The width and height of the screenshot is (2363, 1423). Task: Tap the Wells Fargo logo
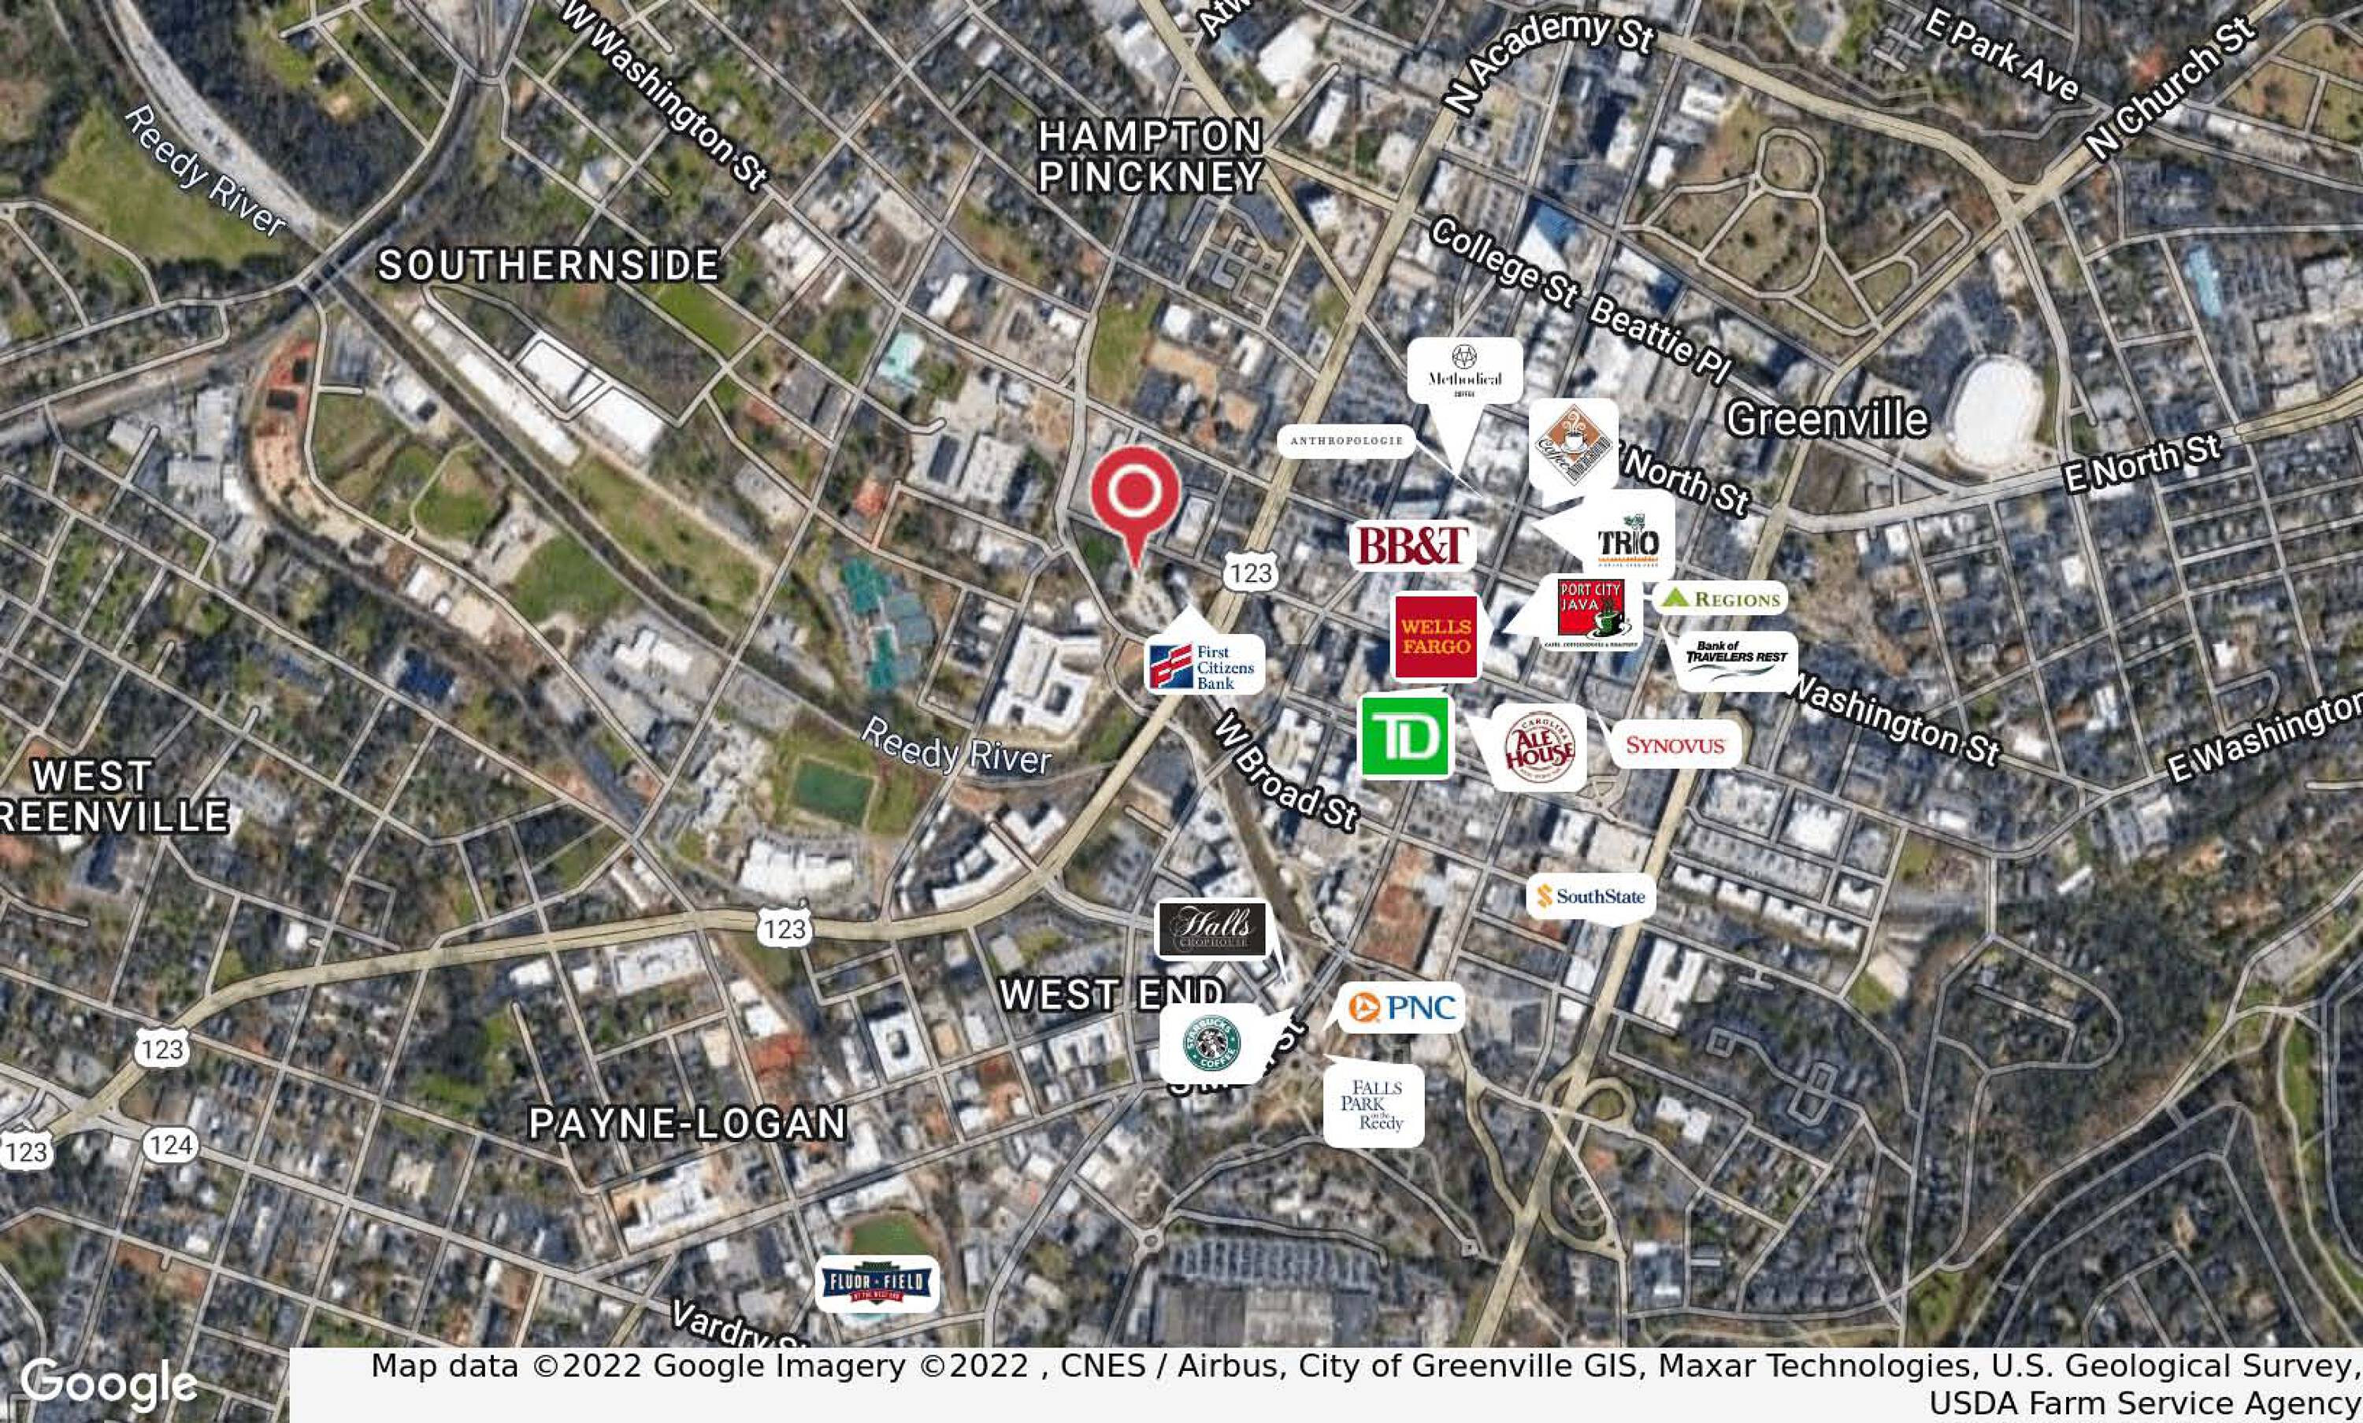[1436, 637]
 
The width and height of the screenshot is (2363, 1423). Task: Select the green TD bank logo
[1407, 736]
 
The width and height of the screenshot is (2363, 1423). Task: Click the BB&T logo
[1411, 546]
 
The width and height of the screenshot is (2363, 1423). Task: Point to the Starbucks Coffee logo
[1211, 1043]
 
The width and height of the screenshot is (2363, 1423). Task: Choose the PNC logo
[1401, 1008]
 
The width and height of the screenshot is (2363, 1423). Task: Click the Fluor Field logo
[877, 1283]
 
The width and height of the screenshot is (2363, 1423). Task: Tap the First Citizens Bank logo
[1204, 665]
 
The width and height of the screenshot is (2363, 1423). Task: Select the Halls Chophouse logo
[1212, 928]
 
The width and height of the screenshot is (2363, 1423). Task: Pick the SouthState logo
[1590, 897]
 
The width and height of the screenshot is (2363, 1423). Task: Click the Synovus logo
[1675, 745]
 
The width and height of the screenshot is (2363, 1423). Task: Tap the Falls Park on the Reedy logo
[1374, 1105]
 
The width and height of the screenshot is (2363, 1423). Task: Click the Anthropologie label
[1345, 441]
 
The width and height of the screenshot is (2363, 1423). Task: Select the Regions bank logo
[1720, 598]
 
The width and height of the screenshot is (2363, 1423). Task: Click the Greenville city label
[1826, 419]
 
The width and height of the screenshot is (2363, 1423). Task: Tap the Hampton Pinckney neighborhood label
[1150, 156]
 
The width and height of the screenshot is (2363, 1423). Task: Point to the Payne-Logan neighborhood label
[688, 1123]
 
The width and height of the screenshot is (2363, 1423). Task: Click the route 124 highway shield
[171, 1144]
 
